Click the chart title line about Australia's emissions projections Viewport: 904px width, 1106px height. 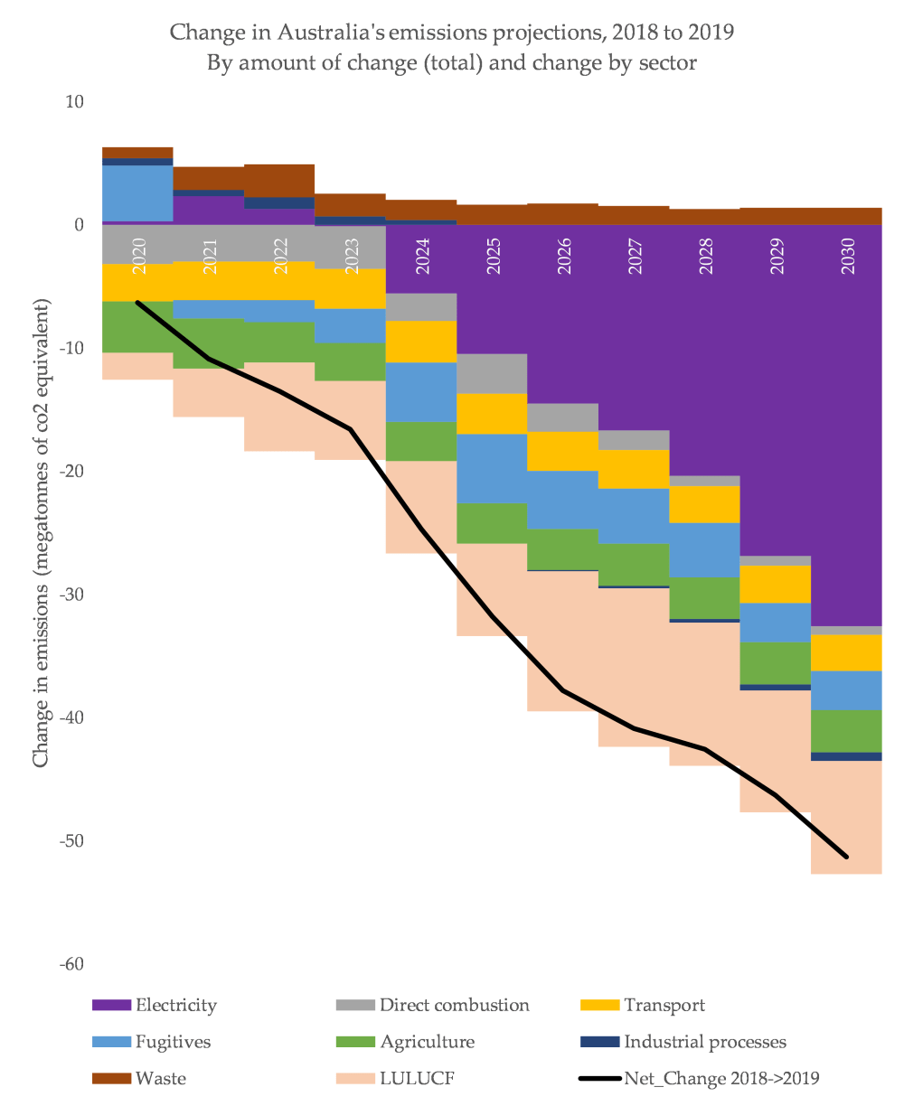click(x=452, y=33)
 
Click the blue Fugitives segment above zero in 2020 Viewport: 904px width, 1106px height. click(x=137, y=192)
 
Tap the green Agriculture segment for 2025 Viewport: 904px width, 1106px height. click(x=492, y=523)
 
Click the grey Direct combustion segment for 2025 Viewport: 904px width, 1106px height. click(x=492, y=373)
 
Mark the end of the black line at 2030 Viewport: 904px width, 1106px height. click(x=847, y=857)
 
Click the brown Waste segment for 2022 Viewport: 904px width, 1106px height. click(x=279, y=180)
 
